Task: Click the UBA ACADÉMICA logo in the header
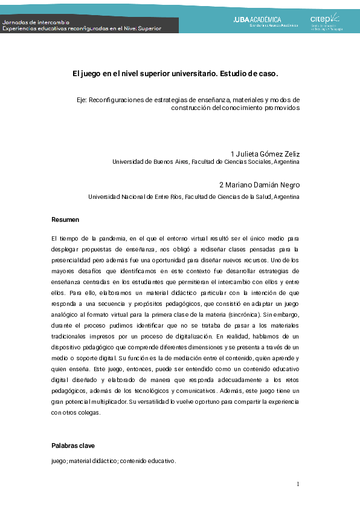click(266, 21)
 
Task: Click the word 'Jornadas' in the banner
click(15, 21)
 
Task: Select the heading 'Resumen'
click(65, 219)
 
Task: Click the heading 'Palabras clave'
click(73, 446)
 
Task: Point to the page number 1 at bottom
click(298, 484)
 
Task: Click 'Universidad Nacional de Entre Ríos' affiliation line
click(135, 196)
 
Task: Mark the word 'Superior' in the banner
click(145, 28)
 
